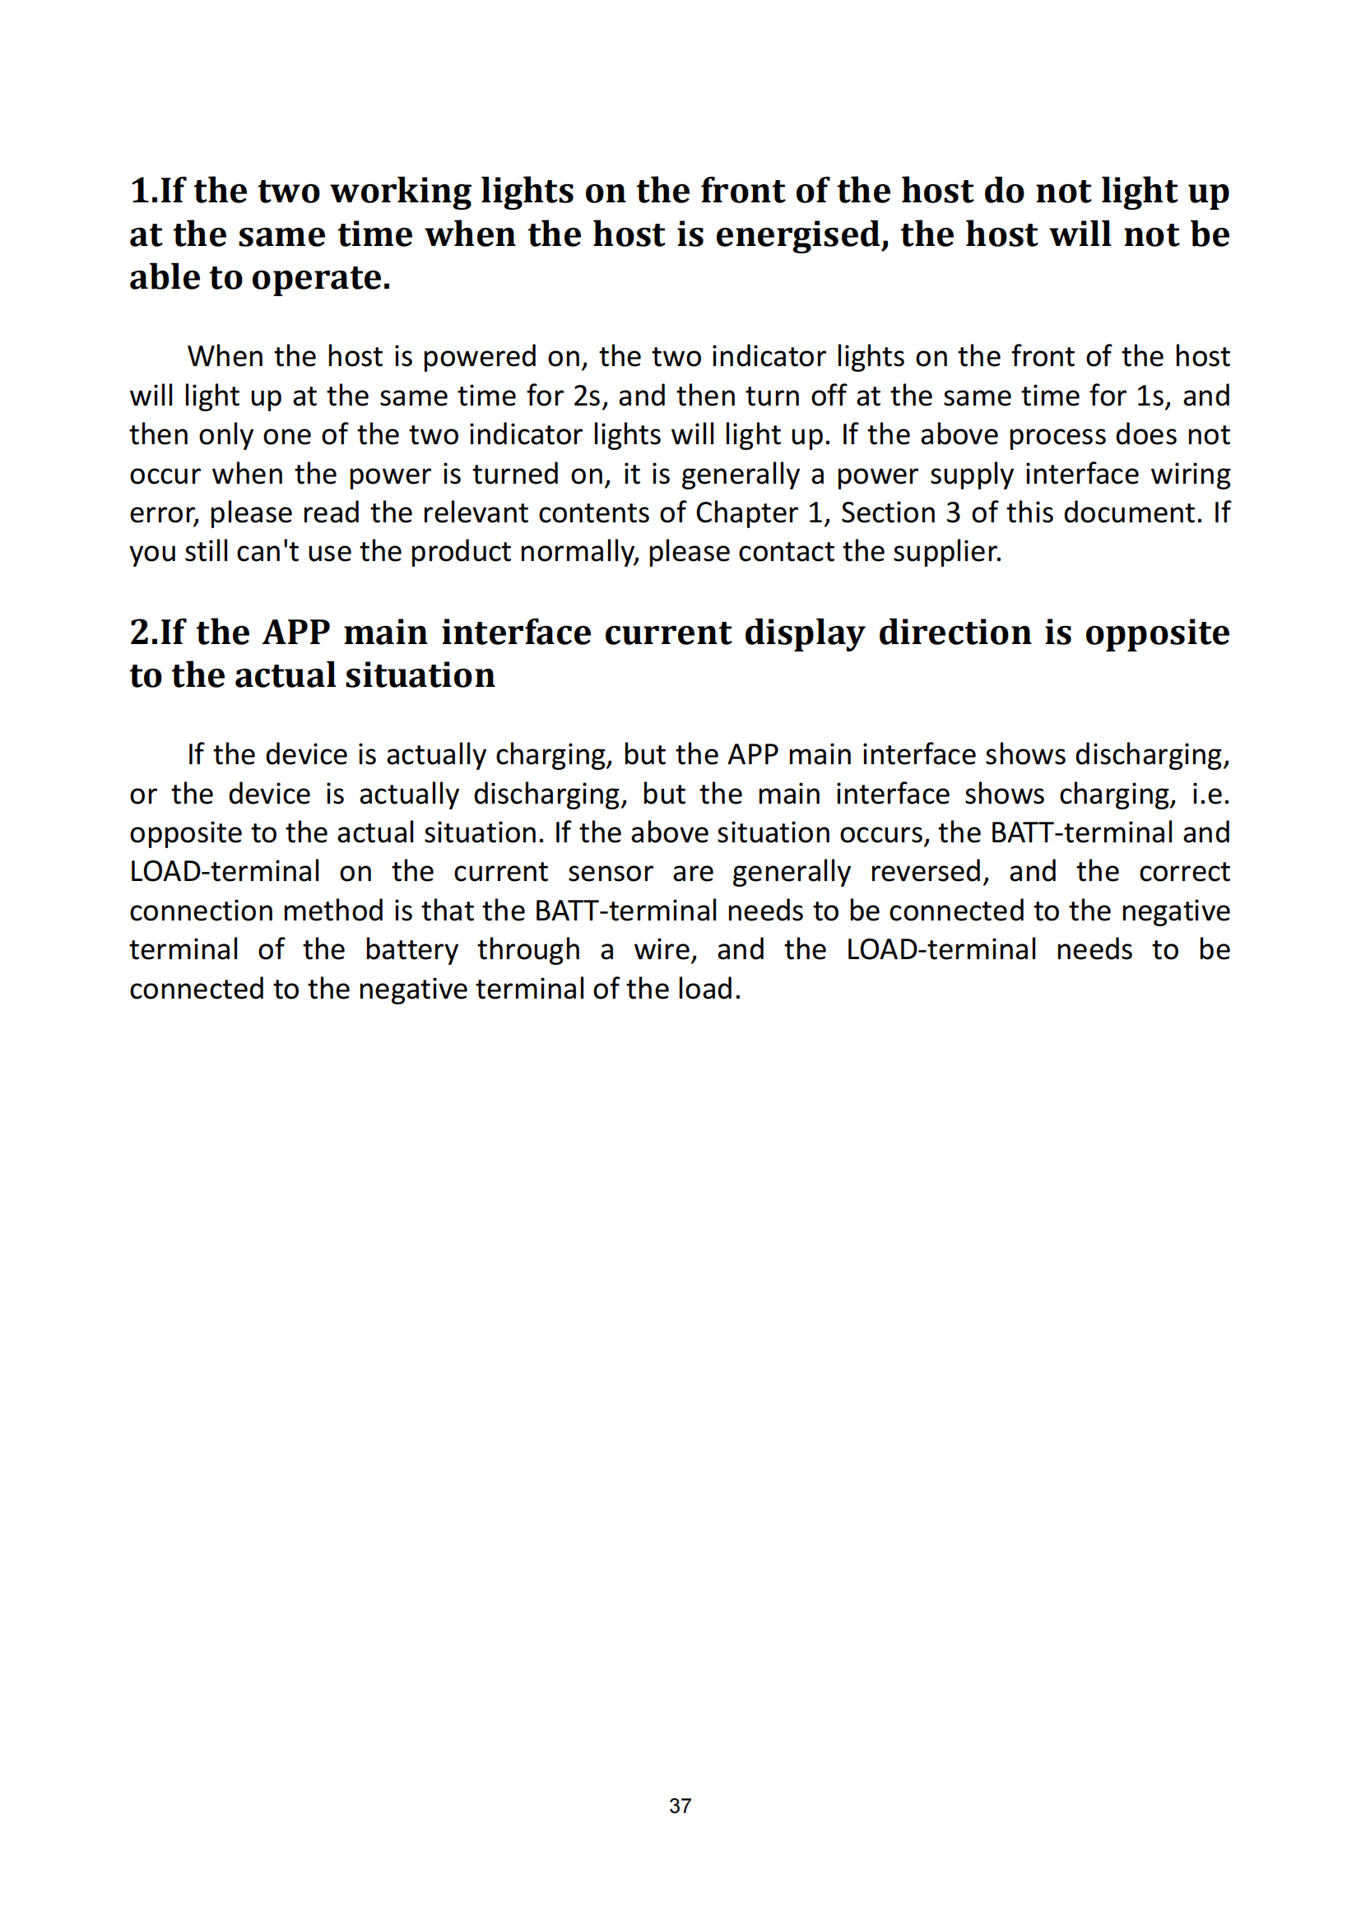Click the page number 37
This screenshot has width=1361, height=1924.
(680, 1806)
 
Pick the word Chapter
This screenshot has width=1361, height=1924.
(746, 512)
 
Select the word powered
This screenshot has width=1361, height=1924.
(480, 357)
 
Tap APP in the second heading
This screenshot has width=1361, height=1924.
(297, 633)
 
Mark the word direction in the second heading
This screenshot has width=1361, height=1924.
(955, 633)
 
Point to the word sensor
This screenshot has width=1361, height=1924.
(610, 871)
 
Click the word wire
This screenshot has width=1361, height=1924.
(665, 949)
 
